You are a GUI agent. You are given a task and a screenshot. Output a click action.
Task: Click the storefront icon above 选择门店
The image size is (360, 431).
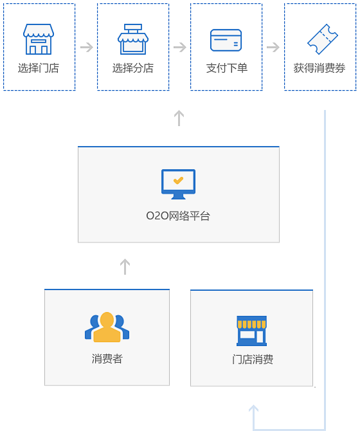[39, 39]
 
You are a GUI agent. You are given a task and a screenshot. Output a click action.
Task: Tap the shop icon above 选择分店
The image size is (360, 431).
[133, 39]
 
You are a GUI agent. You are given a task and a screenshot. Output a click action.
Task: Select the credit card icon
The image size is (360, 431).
[226, 40]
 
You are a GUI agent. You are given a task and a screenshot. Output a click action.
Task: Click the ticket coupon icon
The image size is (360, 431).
[322, 39]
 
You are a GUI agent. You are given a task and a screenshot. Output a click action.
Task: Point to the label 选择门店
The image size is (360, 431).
[39, 68]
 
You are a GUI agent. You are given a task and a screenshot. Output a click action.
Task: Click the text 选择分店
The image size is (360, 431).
[133, 68]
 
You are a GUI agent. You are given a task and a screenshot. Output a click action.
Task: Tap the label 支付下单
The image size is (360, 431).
[227, 68]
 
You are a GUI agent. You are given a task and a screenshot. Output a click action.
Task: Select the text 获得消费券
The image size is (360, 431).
[319, 68]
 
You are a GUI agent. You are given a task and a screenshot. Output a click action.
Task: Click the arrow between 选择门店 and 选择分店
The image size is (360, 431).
[87, 47]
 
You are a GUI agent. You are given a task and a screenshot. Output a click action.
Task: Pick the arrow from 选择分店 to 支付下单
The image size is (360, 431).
[180, 47]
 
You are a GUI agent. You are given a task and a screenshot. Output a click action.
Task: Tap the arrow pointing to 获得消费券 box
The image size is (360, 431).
[273, 47]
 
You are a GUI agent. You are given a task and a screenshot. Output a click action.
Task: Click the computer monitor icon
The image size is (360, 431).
[179, 184]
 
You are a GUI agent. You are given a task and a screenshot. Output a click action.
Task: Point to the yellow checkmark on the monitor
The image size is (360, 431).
[178, 180]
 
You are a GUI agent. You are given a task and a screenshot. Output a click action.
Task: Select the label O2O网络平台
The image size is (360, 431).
[178, 216]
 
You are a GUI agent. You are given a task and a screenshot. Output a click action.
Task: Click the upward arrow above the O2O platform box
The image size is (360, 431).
[179, 118]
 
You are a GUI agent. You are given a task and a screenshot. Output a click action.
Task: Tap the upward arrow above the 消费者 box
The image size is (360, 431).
[125, 266]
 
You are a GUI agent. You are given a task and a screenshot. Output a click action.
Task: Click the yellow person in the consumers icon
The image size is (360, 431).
[107, 327]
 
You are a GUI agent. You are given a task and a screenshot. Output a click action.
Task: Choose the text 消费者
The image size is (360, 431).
[107, 359]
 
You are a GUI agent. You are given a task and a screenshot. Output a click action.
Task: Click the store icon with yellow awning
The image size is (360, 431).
[252, 331]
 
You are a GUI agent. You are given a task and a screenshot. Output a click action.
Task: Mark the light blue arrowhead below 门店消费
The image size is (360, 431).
[253, 408]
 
